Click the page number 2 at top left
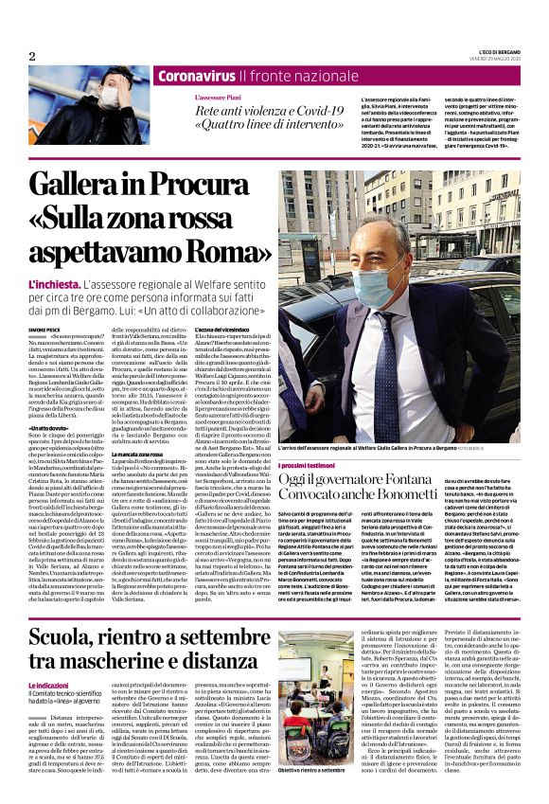(31, 56)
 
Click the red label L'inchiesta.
(53, 283)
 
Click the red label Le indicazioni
(51, 684)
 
